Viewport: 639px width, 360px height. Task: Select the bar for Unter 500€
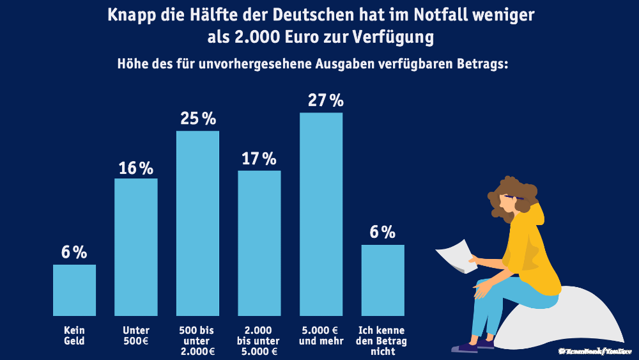(135, 247)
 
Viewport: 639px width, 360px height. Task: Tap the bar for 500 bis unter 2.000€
(197, 223)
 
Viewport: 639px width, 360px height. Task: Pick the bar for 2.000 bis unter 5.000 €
(259, 243)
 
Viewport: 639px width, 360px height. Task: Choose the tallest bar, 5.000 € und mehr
(321, 214)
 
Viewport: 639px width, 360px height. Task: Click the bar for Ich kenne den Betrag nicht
(383, 280)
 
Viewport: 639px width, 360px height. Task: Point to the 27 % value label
(326, 100)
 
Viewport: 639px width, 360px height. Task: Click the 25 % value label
(198, 118)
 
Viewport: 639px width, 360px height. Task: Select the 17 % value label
(259, 159)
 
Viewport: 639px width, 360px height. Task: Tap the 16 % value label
(135, 168)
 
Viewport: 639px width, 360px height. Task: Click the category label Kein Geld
(74, 336)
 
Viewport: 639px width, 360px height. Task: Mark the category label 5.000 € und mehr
(321, 336)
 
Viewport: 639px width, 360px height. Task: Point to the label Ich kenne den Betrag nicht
(383, 341)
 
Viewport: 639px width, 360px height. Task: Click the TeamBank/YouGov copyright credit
(595, 351)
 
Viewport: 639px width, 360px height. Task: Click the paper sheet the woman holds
(456, 254)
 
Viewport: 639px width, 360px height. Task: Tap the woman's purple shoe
(465, 348)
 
